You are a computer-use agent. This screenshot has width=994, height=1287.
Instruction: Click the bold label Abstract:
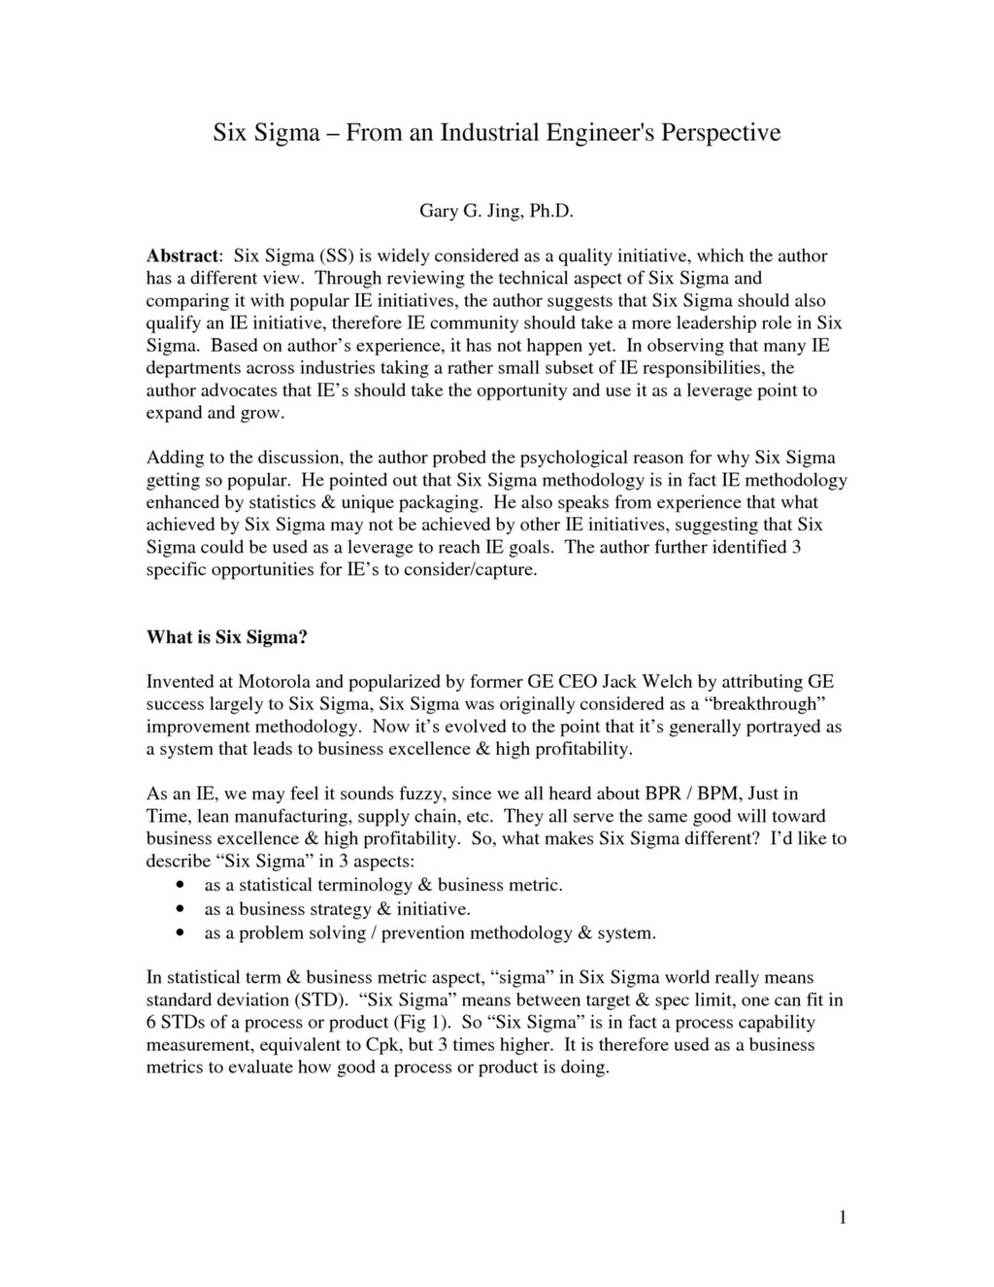[x=184, y=256]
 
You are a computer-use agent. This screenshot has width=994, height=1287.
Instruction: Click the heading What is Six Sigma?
[x=226, y=637]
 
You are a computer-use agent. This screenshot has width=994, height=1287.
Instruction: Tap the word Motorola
[x=275, y=682]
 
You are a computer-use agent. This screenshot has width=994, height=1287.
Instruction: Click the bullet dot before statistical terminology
[x=181, y=886]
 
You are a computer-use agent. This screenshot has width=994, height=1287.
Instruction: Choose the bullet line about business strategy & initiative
[x=337, y=909]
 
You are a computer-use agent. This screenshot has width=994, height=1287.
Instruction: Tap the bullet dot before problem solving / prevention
[x=181, y=933]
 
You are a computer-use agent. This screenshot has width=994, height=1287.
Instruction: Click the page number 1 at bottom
[x=843, y=1218]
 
